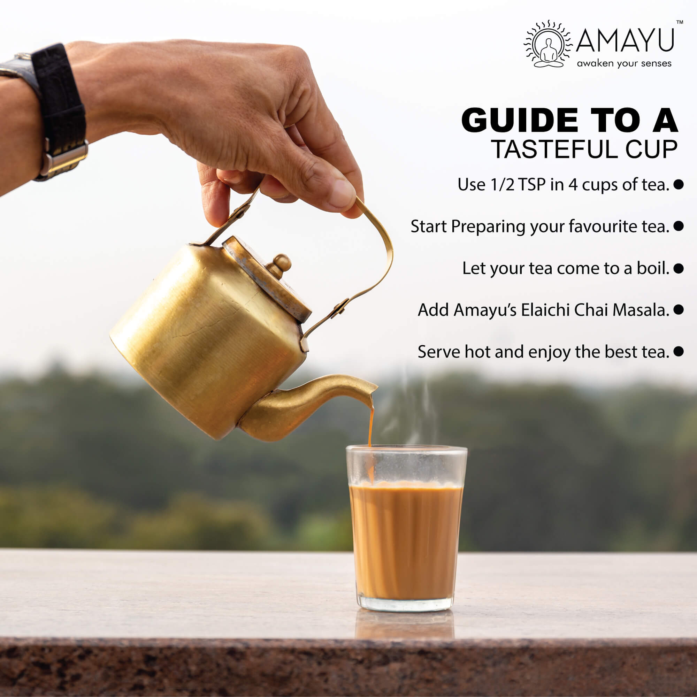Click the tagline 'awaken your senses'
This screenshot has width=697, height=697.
coord(624,64)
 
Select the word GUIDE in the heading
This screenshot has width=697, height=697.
coord(520,120)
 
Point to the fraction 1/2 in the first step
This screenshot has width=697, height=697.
coord(503,185)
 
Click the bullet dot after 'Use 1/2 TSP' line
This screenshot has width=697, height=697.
coord(678,184)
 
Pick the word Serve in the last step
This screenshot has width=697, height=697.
coord(439,351)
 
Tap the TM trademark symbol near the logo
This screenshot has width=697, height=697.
coord(679,22)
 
